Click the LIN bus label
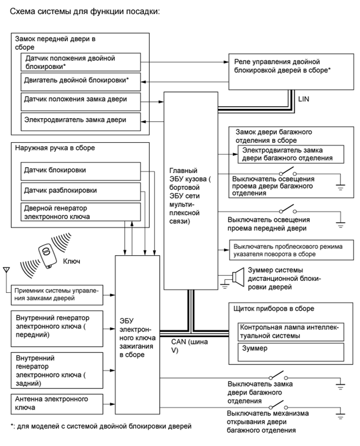(x=305, y=97)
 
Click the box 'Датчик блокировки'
(x=81, y=170)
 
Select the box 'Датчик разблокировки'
(x=81, y=191)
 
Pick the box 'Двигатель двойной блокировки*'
(x=81, y=81)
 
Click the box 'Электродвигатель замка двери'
(x=81, y=120)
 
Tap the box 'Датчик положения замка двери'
(x=81, y=99)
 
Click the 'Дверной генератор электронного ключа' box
(x=81, y=211)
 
